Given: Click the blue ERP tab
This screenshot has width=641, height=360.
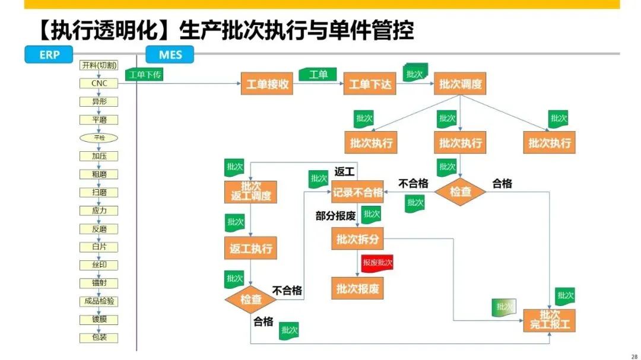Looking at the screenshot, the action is [x=49, y=55].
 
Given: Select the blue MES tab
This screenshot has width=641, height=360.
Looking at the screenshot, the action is [x=170, y=55].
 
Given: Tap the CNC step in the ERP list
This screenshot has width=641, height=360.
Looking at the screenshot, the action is [x=99, y=84].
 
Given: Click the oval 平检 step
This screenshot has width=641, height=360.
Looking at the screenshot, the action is [x=99, y=138].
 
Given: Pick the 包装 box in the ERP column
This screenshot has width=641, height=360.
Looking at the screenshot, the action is [x=99, y=338].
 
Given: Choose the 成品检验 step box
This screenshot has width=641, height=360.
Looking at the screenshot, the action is [x=99, y=301].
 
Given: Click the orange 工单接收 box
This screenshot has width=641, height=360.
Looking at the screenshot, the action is [x=268, y=84].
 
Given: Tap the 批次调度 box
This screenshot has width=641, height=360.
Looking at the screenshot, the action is [x=461, y=84].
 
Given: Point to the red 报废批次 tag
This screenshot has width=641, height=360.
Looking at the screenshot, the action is [x=377, y=262].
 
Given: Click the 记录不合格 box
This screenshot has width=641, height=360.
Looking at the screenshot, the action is [x=357, y=192].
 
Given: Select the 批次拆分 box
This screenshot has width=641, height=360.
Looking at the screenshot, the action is [x=357, y=239].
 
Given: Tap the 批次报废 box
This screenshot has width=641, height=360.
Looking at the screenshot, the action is [x=357, y=289].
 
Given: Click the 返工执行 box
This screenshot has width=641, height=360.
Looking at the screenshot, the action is [x=251, y=249].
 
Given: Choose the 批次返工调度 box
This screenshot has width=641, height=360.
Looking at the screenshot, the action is [x=251, y=192].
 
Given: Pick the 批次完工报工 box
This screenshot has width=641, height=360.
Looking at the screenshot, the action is [x=550, y=320].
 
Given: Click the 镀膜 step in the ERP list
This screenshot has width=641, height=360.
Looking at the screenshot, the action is [x=99, y=320].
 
